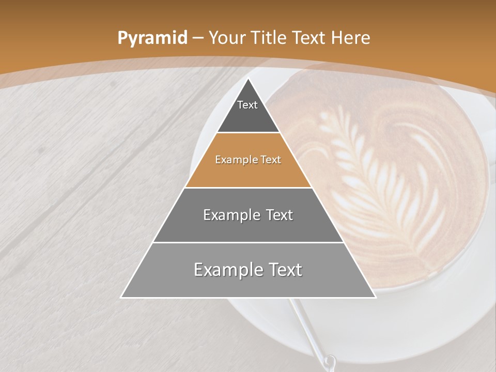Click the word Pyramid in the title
point(152,38)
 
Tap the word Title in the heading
point(269,38)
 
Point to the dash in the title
point(198,38)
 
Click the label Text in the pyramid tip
point(247,105)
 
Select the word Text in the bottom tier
point(285,270)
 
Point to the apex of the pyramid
point(249,79)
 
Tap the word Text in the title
point(309,38)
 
